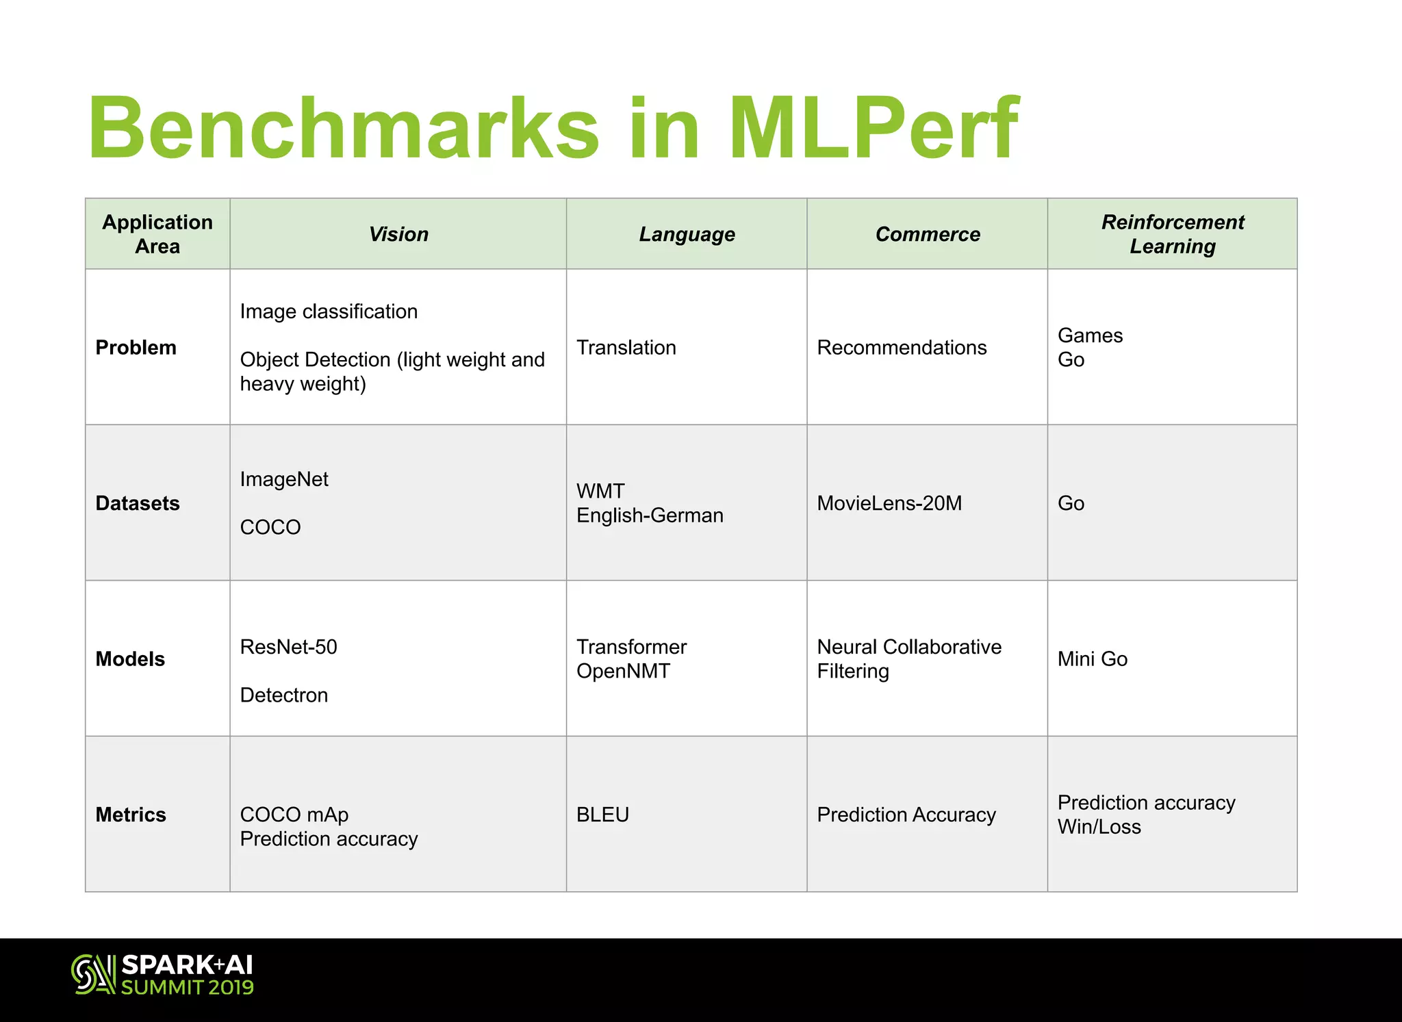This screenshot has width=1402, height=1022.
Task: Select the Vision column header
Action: (x=398, y=234)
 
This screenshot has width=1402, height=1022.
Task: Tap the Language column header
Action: (x=687, y=234)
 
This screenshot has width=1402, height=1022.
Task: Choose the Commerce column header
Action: (x=928, y=234)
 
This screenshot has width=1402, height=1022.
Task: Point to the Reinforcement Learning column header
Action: (x=1172, y=234)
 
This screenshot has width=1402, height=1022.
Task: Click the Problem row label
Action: (x=136, y=348)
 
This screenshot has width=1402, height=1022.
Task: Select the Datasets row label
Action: (x=138, y=503)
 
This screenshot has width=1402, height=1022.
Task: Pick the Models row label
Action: (x=131, y=659)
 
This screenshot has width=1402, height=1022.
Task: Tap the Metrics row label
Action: (x=131, y=815)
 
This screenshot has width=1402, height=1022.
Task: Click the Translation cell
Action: (x=626, y=348)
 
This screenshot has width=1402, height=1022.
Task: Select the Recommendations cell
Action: (x=902, y=348)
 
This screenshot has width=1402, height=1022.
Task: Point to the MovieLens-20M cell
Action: (x=889, y=503)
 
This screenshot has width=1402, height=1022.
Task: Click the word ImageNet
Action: (x=284, y=479)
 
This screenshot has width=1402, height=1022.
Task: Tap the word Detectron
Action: (x=284, y=695)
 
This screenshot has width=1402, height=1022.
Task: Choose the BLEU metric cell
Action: (x=602, y=815)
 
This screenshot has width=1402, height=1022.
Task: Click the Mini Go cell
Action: (x=1093, y=659)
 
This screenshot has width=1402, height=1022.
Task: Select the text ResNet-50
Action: (x=289, y=647)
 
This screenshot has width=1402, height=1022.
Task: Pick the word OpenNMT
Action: (x=623, y=672)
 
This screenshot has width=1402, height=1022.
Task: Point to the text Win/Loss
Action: (x=1099, y=827)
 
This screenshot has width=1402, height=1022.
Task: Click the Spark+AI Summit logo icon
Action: (x=92, y=974)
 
